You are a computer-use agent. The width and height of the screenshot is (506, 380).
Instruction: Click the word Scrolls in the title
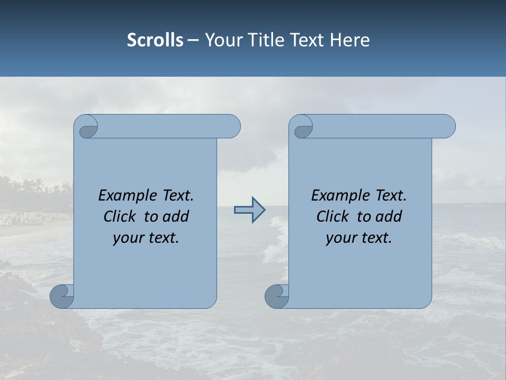tap(155, 40)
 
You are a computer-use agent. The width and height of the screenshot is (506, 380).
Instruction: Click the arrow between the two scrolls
tap(249, 210)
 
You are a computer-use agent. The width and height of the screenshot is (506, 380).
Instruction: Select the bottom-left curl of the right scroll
tap(277, 296)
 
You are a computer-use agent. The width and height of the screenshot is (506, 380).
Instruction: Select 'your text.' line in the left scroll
tap(146, 238)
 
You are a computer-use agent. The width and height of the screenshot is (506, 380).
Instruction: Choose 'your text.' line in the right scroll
tap(359, 238)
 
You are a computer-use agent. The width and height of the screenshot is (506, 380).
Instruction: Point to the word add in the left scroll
tap(176, 216)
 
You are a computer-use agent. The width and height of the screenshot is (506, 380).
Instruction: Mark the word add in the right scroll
tap(388, 216)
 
